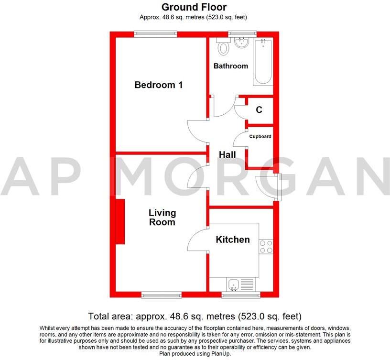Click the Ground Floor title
click(194, 7)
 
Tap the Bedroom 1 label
click(159, 85)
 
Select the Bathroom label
click(231, 66)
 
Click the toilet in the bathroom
click(223, 48)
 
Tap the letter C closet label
click(259, 110)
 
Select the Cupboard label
click(260, 137)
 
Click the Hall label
click(227, 155)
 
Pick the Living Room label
click(162, 218)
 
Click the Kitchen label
click(232, 240)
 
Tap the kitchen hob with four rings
click(266, 246)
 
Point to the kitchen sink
click(234, 285)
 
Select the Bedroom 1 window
click(156, 33)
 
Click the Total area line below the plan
click(195, 316)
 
